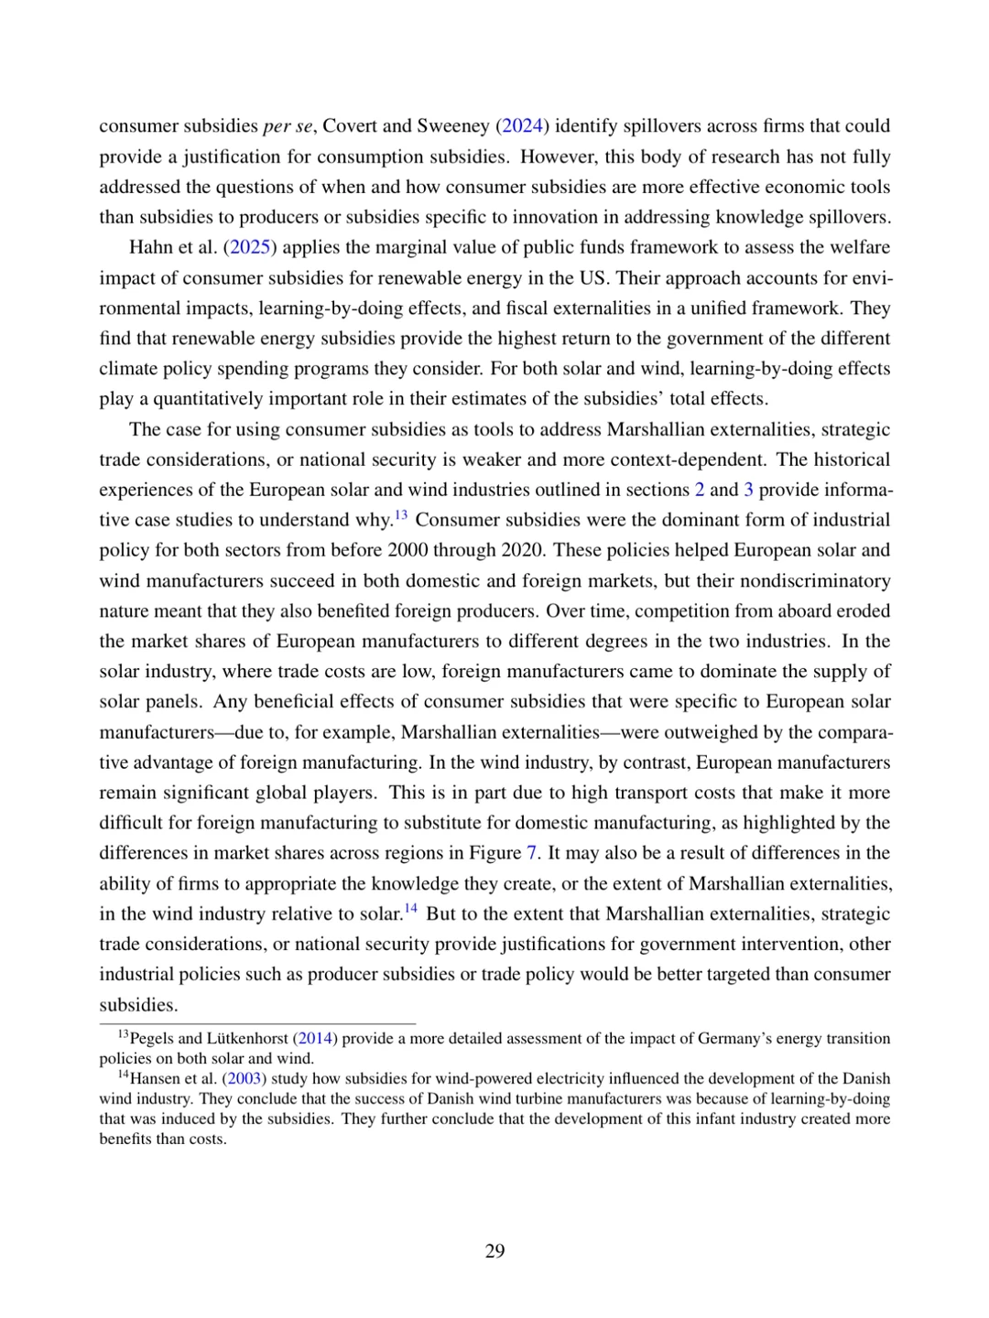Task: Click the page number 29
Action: point(494,1251)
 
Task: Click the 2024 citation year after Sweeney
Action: point(522,126)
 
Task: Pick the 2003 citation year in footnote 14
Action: point(245,1079)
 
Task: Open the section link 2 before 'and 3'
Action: point(700,490)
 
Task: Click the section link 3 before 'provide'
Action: point(749,490)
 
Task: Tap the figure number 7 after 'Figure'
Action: point(531,853)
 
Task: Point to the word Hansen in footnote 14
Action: point(154,1079)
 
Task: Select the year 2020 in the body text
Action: point(522,551)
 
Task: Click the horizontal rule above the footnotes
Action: point(257,1023)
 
